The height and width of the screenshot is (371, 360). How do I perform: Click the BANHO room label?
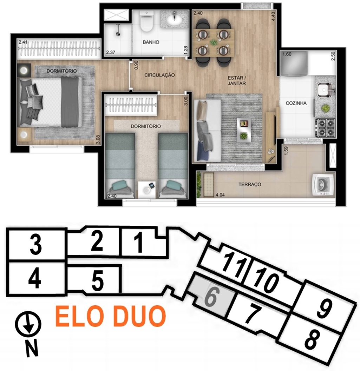(151, 42)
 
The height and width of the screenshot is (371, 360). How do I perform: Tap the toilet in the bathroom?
(146, 21)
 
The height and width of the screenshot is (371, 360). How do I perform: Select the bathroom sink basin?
(175, 21)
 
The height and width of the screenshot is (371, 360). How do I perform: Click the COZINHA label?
(296, 103)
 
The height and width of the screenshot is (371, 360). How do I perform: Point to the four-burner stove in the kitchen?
(326, 128)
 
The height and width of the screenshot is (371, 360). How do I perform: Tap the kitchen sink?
(325, 90)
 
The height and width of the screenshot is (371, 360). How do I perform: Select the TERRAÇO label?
(250, 184)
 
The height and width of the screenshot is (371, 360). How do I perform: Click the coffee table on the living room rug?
(244, 130)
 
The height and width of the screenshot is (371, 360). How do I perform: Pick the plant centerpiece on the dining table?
(214, 42)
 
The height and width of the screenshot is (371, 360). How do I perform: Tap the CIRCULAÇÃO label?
(159, 75)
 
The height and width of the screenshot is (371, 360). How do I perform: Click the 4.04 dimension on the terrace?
(220, 195)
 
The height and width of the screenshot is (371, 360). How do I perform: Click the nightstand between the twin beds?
(146, 189)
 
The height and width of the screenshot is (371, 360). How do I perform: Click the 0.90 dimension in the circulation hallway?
(136, 65)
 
